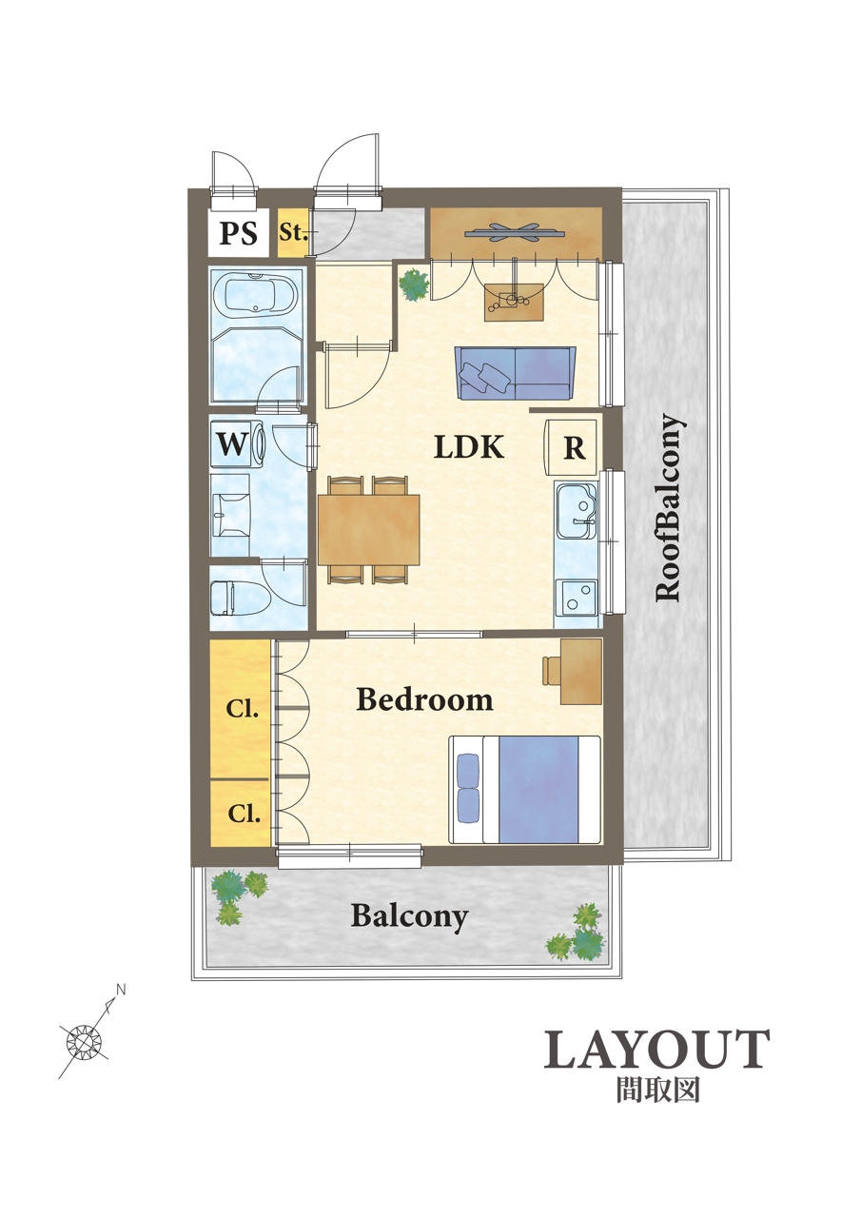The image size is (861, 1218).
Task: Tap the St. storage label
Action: [x=293, y=232]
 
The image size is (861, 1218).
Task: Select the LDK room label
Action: [x=468, y=447]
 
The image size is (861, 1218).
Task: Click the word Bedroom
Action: [x=424, y=699]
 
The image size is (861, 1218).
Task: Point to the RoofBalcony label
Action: [x=668, y=508]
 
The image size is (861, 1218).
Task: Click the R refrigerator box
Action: [x=571, y=447]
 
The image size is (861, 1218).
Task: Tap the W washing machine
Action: [x=238, y=444]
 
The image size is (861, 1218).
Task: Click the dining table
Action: [x=369, y=529]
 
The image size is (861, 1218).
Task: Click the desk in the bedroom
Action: [x=581, y=671]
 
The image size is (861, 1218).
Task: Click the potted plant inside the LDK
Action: [x=414, y=285]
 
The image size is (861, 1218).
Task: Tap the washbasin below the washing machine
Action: [x=230, y=515]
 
